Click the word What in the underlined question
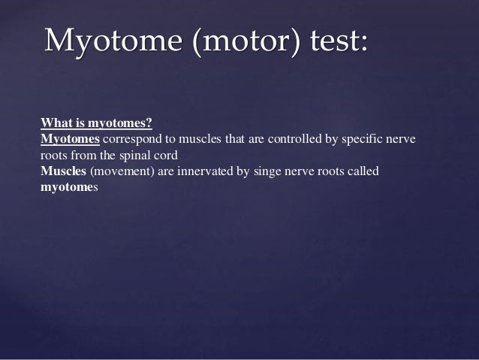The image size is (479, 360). click(x=53, y=123)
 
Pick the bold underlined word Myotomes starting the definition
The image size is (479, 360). click(x=70, y=140)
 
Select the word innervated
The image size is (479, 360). click(x=202, y=172)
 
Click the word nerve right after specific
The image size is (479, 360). click(x=399, y=140)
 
